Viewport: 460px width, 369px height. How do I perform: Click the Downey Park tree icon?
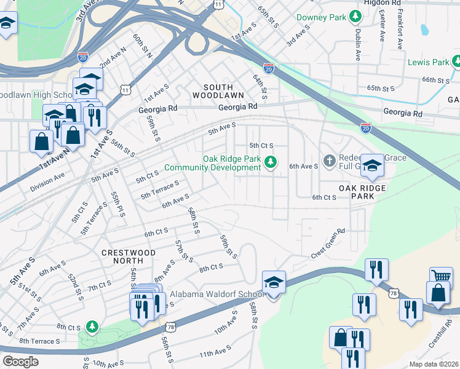tap(355, 17)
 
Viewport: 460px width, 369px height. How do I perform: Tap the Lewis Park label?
tap(428, 62)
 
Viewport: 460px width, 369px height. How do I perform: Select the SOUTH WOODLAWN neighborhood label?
tap(218, 91)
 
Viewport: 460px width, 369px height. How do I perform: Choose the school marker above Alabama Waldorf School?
tap(274, 283)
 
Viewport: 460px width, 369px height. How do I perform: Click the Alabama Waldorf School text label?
tap(217, 295)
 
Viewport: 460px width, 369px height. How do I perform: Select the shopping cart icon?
tap(441, 277)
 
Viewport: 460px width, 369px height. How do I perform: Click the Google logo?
tap(21, 362)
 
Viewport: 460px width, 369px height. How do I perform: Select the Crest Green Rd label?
tap(328, 243)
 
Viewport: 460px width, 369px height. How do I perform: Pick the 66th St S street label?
tap(437, 80)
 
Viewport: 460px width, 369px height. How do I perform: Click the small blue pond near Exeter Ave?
tap(424, 29)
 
